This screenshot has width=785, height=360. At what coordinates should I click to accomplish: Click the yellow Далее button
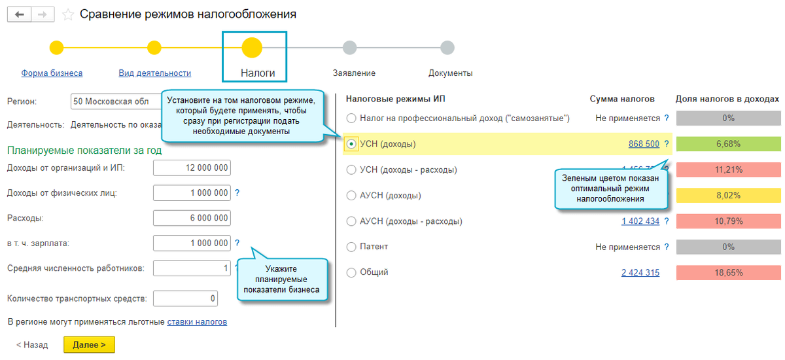point(89,345)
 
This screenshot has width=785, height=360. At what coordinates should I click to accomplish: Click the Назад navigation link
point(32,345)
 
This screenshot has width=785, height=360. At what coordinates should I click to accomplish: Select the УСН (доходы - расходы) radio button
point(352,170)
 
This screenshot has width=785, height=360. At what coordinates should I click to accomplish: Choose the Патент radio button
point(352,247)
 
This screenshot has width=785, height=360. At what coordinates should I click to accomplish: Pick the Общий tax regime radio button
point(352,273)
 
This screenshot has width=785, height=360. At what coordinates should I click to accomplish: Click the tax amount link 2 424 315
point(640,273)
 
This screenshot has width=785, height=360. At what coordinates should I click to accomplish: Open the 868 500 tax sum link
point(644,144)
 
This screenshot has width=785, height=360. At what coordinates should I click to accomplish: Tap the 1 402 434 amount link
point(640,221)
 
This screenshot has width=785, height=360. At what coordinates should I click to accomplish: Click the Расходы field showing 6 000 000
point(192,219)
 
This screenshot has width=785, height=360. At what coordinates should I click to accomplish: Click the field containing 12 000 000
point(192,168)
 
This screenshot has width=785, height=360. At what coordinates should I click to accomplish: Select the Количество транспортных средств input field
point(185,299)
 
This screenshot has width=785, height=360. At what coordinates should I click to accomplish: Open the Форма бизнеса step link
point(52,73)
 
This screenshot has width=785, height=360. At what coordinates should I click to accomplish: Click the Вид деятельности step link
point(154,73)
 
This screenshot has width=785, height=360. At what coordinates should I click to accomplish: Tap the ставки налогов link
point(197,322)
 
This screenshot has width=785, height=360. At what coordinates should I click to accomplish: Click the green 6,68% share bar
point(728,144)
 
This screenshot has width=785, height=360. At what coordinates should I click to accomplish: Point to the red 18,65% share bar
point(728,273)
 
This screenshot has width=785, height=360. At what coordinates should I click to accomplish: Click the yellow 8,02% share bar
point(728,195)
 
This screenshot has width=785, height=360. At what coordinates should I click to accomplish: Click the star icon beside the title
point(67,14)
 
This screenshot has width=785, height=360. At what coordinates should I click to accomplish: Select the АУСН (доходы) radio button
point(352,196)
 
